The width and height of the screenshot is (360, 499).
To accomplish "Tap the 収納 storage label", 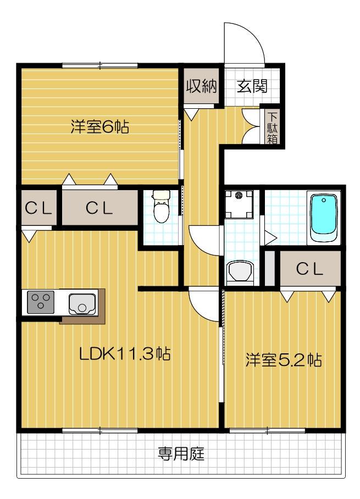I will click(x=202, y=86).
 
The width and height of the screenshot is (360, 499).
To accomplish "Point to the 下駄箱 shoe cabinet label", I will click(x=272, y=127).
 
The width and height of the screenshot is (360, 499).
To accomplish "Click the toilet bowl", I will click(x=160, y=208).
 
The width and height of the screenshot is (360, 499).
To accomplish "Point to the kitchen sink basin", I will click(x=82, y=303).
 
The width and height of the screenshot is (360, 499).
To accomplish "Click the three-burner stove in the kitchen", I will click(x=38, y=303).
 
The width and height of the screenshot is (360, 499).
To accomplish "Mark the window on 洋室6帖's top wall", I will click(x=99, y=66).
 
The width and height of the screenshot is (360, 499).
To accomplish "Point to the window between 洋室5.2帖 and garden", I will click(x=267, y=430).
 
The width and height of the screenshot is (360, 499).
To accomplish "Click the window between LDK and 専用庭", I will click(x=99, y=430).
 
